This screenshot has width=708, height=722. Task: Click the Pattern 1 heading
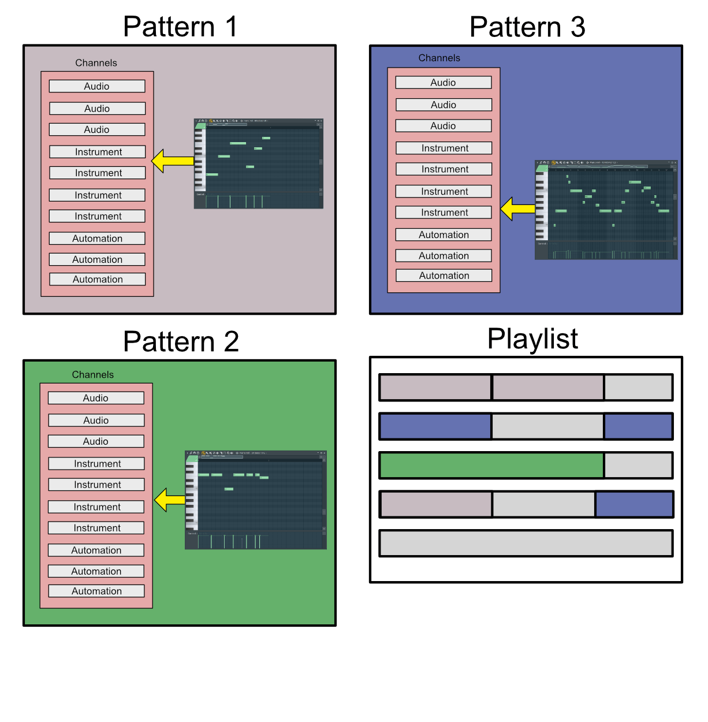coord(180,27)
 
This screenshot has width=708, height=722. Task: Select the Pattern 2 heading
coord(180,341)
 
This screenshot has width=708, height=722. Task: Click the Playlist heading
coord(532,339)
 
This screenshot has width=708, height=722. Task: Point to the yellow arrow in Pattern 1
coord(172,161)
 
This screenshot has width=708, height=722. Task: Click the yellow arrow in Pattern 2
coord(169,500)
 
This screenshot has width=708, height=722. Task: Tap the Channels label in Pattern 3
coord(439,58)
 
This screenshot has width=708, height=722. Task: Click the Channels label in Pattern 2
coord(92,374)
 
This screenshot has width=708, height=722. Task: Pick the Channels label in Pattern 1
coord(96,63)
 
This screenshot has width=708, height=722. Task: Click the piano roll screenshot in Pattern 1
coord(258,163)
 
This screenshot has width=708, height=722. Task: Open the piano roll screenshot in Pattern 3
coord(606,210)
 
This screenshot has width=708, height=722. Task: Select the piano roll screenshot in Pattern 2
coord(255,500)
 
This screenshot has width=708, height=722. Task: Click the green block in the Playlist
coord(491,466)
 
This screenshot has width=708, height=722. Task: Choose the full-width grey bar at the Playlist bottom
coord(526,544)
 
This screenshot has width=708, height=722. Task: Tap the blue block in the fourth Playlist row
coord(634,504)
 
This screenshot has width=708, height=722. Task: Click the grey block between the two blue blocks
coord(547,426)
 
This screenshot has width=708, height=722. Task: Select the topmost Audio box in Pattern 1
coord(97,86)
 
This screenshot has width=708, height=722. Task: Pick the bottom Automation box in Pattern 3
coord(444,276)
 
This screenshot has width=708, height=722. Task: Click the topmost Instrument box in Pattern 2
coord(96,463)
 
